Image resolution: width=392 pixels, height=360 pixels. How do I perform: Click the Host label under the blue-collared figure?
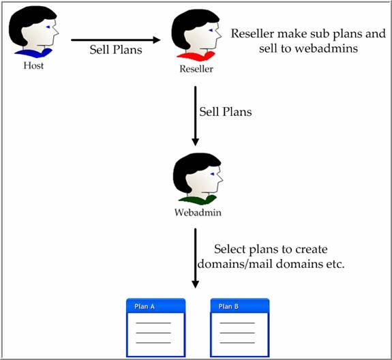click(x=33, y=65)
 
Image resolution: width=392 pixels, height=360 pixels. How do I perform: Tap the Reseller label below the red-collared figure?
click(x=196, y=69)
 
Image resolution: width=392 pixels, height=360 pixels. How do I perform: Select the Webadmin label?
click(x=198, y=213)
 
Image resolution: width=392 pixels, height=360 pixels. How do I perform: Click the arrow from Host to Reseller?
click(x=116, y=40)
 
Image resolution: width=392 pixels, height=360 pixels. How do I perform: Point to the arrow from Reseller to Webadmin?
click(x=195, y=116)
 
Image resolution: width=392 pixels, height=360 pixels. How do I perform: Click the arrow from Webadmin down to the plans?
click(x=195, y=258)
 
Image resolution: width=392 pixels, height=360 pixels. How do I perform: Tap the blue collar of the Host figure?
click(x=33, y=52)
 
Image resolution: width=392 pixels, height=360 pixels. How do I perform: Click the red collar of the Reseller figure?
click(x=196, y=55)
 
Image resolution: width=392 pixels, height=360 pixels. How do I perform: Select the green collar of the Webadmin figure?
click(x=198, y=199)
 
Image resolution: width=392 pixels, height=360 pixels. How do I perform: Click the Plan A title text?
click(x=145, y=307)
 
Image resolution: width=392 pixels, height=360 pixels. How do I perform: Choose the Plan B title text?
click(x=228, y=307)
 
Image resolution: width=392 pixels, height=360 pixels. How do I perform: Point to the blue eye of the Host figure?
click(x=48, y=27)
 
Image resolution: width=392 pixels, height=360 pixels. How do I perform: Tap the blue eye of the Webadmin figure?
click(x=213, y=174)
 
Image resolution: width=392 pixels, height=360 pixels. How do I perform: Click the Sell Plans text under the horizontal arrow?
click(x=116, y=50)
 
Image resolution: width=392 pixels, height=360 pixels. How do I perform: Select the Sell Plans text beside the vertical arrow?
click(x=226, y=112)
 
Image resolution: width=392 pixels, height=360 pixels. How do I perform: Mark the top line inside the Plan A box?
click(x=153, y=323)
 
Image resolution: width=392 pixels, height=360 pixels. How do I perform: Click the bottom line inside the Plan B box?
click(x=237, y=342)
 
